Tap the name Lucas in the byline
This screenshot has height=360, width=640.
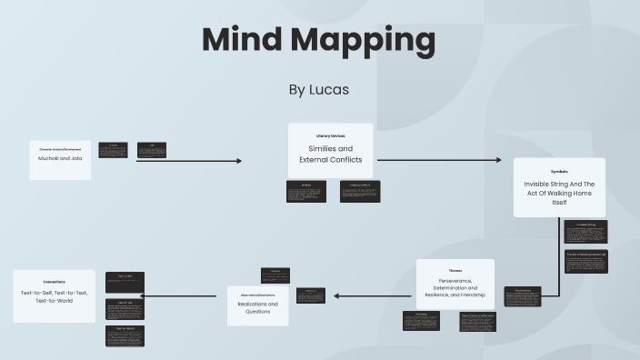[x=332, y=89]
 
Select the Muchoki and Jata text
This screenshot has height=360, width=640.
[x=60, y=158]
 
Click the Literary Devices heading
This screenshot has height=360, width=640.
[x=331, y=135]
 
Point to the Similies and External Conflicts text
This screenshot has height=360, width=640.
[x=331, y=154]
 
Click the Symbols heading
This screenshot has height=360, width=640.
[x=559, y=171]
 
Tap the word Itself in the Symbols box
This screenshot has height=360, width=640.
[x=559, y=203]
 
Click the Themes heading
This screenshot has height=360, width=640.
[x=455, y=270]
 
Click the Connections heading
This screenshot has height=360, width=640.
[x=54, y=282]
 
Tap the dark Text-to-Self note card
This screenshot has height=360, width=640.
[x=125, y=282]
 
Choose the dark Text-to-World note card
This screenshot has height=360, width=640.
[x=125, y=335]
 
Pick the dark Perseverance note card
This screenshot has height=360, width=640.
[x=523, y=296]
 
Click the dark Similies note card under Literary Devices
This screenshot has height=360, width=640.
[x=306, y=191]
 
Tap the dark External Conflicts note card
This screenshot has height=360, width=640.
[x=360, y=191]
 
